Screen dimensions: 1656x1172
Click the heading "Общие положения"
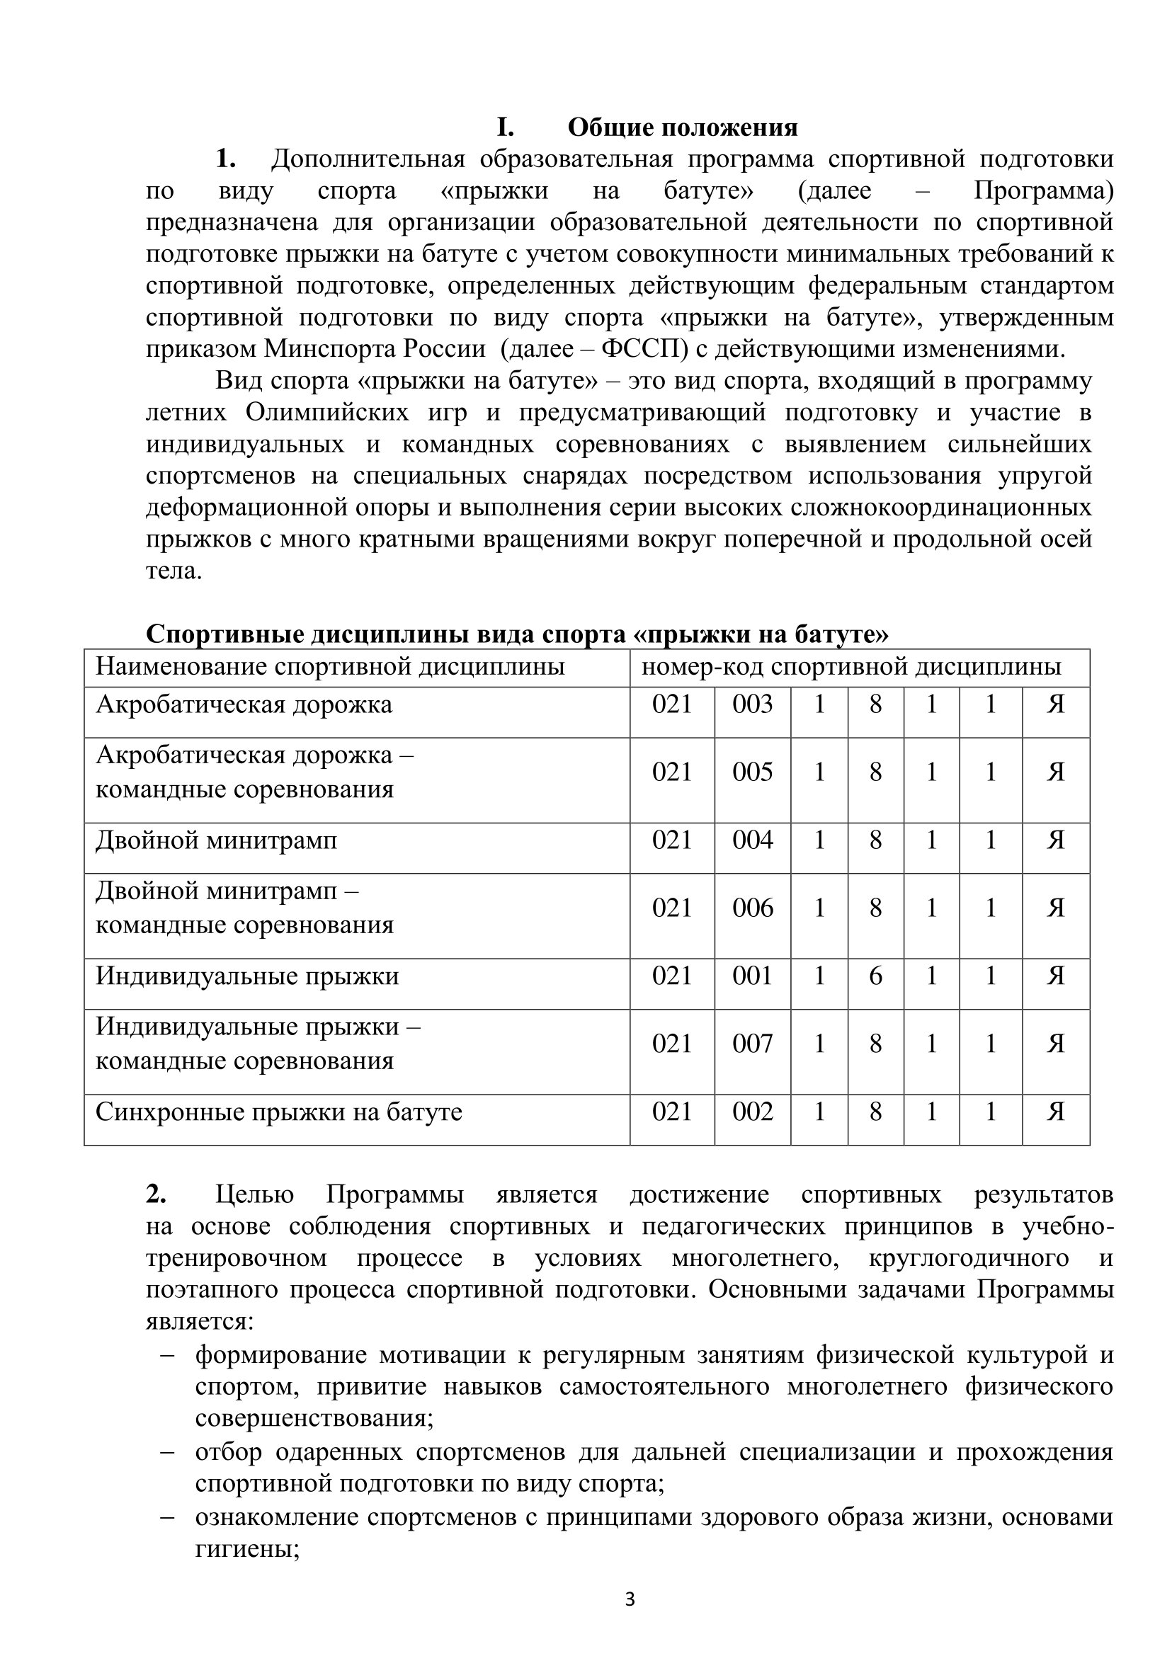pos(682,127)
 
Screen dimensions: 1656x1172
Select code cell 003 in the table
pos(752,704)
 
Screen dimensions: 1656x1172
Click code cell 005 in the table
pos(752,772)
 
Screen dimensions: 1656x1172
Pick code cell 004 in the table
pos(752,840)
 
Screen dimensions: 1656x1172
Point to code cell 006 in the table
pos(752,908)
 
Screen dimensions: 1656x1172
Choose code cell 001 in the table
pos(752,976)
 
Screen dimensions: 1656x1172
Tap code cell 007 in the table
pos(752,1044)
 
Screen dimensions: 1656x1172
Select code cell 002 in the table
pos(752,1112)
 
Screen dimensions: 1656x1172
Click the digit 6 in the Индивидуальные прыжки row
pos(875,976)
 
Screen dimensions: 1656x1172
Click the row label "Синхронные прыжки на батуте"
pos(278,1112)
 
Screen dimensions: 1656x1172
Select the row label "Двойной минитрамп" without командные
pos(216,840)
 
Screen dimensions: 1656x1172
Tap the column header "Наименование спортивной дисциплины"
pos(330,666)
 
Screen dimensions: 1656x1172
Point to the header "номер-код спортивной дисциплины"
pos(851,666)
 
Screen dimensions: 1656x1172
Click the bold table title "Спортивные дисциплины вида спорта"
pos(517,634)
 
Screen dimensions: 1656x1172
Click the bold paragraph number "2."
pos(156,1194)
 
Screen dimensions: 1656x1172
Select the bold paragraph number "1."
pos(226,159)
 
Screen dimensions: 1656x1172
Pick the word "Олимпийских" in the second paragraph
pos(326,413)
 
